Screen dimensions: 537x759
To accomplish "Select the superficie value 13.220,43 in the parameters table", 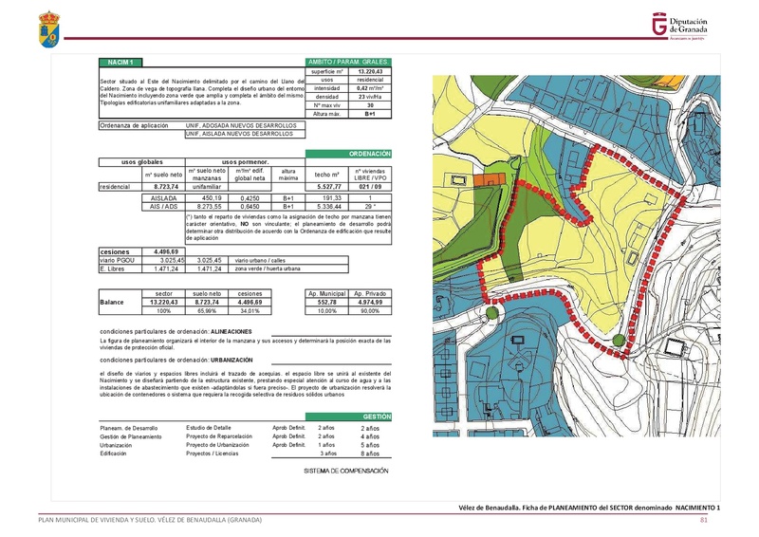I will pyautogui.click(x=369, y=70).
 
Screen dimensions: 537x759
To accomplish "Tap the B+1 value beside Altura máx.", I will pyautogui.click(x=369, y=113).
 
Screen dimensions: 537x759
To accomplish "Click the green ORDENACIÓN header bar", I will pyautogui.click(x=348, y=153).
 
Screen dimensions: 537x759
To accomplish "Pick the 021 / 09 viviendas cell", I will pyautogui.click(x=368, y=188).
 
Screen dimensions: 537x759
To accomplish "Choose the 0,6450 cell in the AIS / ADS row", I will pyautogui.click(x=250, y=205).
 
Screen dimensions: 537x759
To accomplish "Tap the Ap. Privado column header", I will pyautogui.click(x=369, y=294).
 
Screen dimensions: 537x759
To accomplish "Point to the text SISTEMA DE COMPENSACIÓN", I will pyautogui.click(x=346, y=471).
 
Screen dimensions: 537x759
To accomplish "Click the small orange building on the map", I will pyautogui.click(x=491, y=178).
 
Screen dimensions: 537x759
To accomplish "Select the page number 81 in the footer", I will pyautogui.click(x=704, y=520).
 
